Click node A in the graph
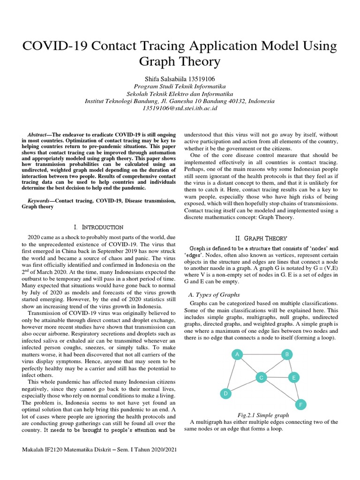(x=238, y=355)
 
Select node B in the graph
(x=286, y=355)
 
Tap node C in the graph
(x=262, y=377)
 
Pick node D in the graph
(x=225, y=394)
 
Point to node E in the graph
(x=293, y=377)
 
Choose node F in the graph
(x=300, y=404)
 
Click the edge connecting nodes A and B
(x=262, y=355)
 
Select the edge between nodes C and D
(x=244, y=385)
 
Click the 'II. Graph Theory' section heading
(x=262, y=238)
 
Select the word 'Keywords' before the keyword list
(x=37, y=201)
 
